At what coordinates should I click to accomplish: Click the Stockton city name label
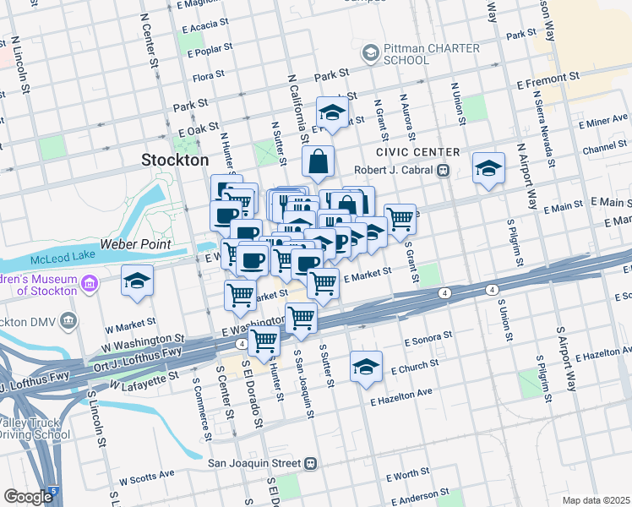[175, 160]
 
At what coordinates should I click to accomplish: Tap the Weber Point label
[136, 244]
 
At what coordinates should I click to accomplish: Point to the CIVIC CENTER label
[419, 152]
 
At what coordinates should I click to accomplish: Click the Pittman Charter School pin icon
[370, 54]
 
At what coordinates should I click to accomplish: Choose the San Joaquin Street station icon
[311, 463]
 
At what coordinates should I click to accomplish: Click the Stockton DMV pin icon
[68, 321]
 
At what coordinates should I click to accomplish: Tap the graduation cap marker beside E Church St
[366, 367]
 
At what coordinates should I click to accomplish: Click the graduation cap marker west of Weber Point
[137, 282]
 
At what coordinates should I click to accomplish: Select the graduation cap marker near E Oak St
[333, 112]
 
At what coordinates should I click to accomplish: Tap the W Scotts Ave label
[145, 479]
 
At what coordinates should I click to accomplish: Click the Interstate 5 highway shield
[54, 490]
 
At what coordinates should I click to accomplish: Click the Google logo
[28, 497]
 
